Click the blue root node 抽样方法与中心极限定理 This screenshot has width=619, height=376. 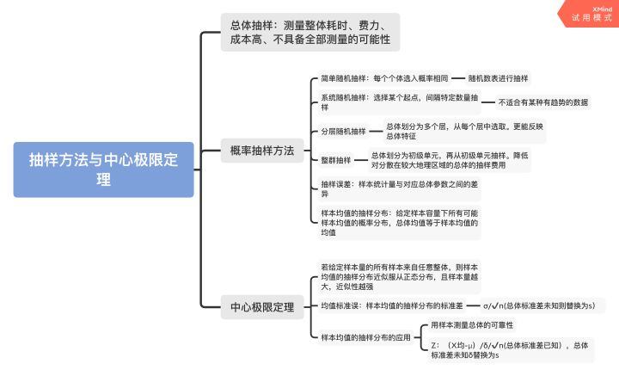pos(103,170)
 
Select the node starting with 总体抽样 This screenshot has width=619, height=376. pos(309,32)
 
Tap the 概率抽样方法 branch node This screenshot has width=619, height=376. pos(262,151)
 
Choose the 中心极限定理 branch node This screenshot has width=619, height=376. pos(262,306)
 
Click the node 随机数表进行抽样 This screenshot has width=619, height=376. pos(499,77)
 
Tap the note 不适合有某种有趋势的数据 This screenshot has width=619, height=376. pos(542,102)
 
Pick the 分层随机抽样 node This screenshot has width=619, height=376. pos(343,131)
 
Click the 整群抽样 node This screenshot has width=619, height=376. pos(336,160)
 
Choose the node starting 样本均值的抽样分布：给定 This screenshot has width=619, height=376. pos(398,222)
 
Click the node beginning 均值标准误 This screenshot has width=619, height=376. pos(391,305)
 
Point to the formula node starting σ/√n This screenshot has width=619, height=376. pos(539,305)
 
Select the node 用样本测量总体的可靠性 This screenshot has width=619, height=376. pos(472,325)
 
